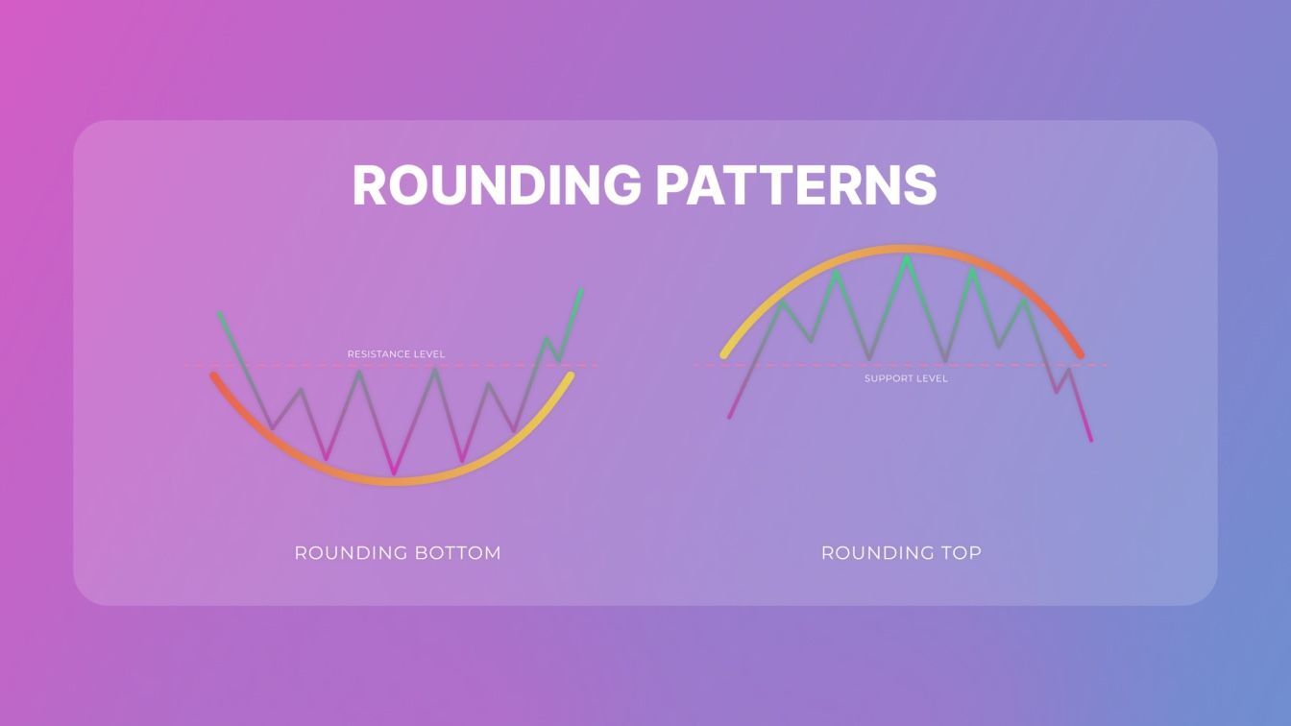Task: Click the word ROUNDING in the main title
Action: click(x=497, y=184)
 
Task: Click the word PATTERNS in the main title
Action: click(x=796, y=184)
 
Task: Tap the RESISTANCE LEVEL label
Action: click(x=396, y=353)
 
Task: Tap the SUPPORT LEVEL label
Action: click(x=906, y=378)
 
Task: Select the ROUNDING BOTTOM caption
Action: click(x=398, y=553)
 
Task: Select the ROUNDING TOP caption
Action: click(x=901, y=553)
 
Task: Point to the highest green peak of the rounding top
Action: click(x=907, y=258)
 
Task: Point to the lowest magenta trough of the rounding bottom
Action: click(x=394, y=472)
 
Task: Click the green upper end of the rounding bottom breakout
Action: click(x=581, y=290)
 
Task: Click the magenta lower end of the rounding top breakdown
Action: click(x=1090, y=440)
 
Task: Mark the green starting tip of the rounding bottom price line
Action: click(x=220, y=314)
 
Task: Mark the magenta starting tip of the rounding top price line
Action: click(x=730, y=416)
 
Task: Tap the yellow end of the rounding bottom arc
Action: click(x=571, y=375)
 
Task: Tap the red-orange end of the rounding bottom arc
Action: click(x=214, y=375)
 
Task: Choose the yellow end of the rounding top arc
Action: click(x=724, y=355)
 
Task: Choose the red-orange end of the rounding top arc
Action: click(x=1080, y=355)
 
